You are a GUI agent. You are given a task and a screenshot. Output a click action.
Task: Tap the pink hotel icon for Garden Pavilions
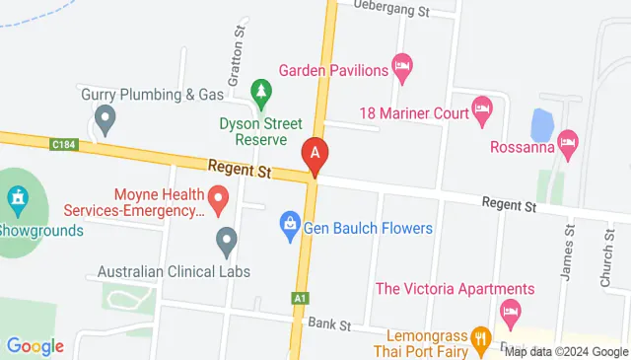(x=402, y=68)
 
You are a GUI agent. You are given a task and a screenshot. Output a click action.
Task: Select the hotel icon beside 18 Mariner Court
(x=482, y=111)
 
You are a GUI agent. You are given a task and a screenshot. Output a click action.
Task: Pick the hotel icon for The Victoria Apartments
(x=510, y=314)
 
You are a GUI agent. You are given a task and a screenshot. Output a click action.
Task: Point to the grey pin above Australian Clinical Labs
(x=227, y=241)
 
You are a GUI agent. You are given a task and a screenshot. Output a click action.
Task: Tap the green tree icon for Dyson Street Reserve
(x=261, y=95)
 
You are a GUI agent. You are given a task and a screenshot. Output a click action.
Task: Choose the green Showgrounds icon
(x=16, y=200)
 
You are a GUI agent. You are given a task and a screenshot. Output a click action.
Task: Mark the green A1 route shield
(x=300, y=297)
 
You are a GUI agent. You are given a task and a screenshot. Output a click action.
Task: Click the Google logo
(x=35, y=346)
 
